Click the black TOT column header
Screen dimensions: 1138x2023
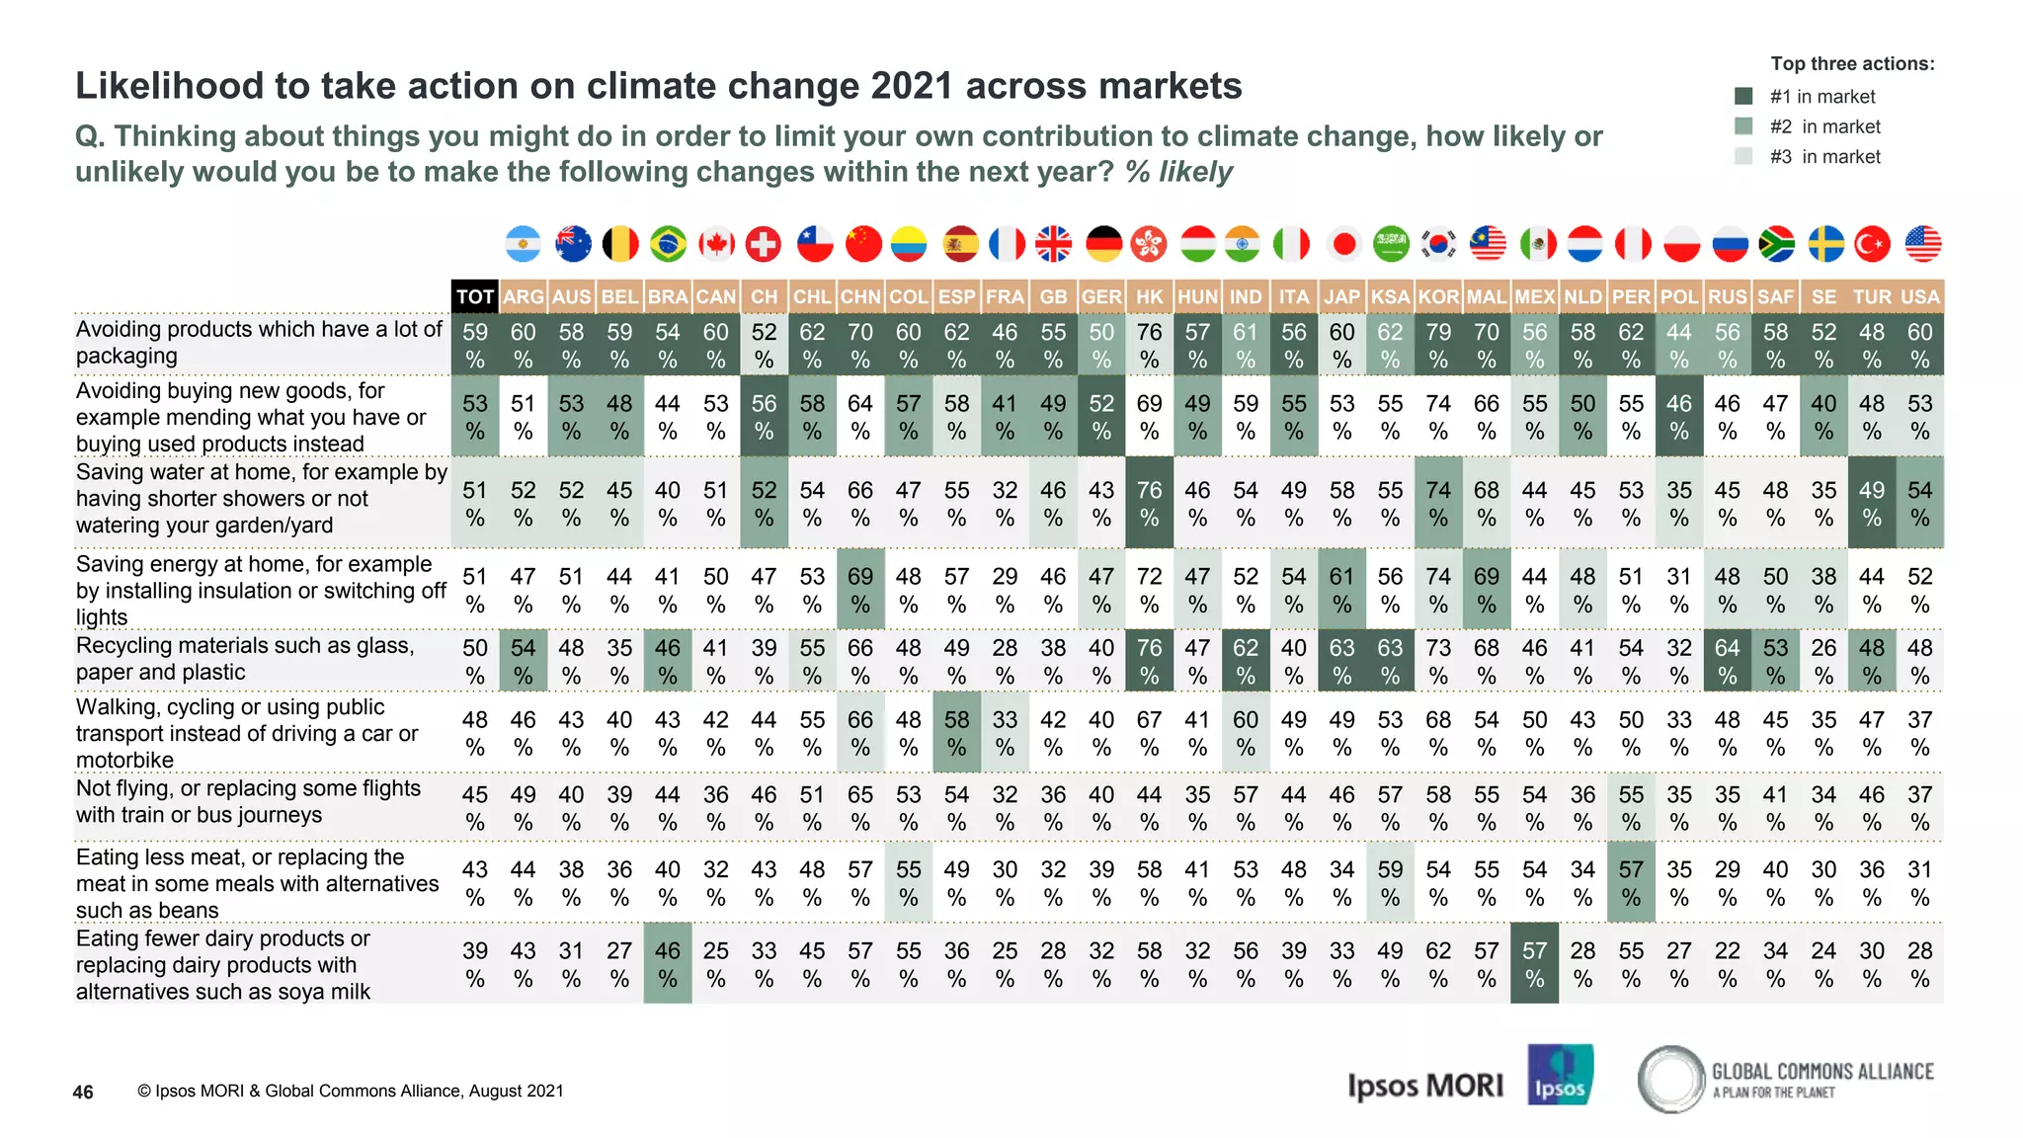click(x=474, y=296)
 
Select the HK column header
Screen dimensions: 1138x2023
click(x=1149, y=296)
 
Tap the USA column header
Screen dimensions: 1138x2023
click(x=1919, y=296)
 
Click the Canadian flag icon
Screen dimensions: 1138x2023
click(x=716, y=244)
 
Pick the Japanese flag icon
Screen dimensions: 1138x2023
click(x=1342, y=244)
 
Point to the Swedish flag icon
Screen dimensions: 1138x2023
click(x=1824, y=244)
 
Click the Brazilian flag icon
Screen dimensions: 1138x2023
click(x=668, y=244)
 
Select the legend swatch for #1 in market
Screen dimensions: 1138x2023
click(x=1743, y=96)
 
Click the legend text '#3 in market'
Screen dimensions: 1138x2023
click(x=1824, y=156)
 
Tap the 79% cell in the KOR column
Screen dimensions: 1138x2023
click(x=1438, y=345)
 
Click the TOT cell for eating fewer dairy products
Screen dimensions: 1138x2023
click(x=474, y=963)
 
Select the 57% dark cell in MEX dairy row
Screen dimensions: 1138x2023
click(x=1534, y=963)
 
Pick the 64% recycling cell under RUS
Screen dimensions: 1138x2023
click(x=1727, y=660)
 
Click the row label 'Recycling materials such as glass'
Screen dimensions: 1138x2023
click(x=244, y=646)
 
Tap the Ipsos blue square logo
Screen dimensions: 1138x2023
click(x=1559, y=1074)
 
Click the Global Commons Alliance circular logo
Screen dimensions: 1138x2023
click(x=1671, y=1079)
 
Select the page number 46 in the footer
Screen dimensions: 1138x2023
click(x=83, y=1092)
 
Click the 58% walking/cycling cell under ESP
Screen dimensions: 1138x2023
click(x=956, y=732)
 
